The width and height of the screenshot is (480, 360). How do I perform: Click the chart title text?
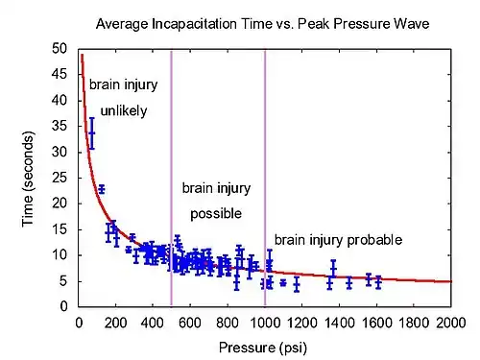262,24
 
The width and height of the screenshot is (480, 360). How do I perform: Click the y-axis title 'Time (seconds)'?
28,180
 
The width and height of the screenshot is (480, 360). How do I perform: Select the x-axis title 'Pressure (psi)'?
263,348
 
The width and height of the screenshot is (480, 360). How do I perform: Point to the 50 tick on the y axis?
60,49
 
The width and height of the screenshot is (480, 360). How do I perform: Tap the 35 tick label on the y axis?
60,126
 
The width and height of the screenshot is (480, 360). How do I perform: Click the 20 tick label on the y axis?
60,204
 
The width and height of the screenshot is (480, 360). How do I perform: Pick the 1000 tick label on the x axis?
265,323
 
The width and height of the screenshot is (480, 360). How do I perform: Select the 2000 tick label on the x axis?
451,323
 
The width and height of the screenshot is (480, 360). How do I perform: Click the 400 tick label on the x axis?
153,323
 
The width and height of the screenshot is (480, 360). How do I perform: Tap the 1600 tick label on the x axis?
377,323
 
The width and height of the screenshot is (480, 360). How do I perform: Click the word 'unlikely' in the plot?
124,111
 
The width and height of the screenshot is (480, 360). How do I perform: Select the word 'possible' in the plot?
216,214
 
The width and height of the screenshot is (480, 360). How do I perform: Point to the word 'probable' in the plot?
374,240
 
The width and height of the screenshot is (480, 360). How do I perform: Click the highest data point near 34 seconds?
92,133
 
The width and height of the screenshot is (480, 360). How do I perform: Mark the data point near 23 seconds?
102,189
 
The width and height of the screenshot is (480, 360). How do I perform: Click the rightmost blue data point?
378,282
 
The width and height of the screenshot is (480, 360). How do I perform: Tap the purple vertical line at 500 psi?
171,178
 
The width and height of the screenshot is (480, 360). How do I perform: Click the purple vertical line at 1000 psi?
265,178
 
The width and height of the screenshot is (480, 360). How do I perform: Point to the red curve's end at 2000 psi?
451,281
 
